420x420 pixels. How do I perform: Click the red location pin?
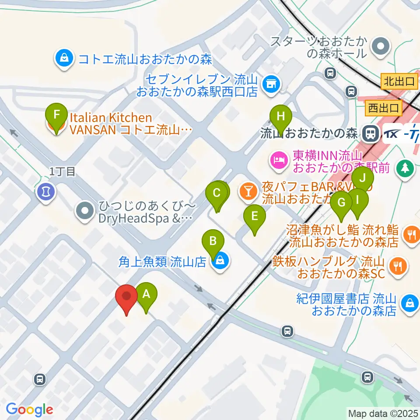coord(126,297)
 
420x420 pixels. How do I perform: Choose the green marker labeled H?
coord(281,117)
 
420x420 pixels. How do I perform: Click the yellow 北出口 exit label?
coord(399,81)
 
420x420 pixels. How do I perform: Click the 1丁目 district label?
coord(63,171)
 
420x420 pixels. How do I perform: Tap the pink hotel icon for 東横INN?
coord(278,160)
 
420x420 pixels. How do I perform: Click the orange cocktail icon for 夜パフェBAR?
coord(248,190)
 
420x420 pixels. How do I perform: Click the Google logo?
coord(29,409)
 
